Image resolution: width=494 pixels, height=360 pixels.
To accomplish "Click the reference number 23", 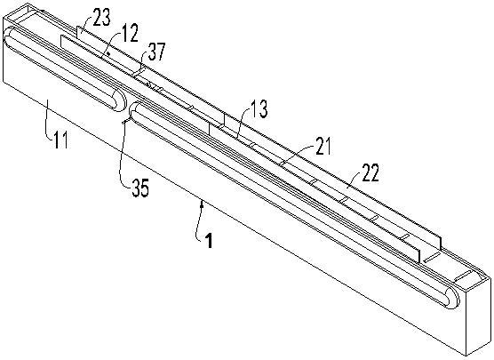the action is (x=102, y=18).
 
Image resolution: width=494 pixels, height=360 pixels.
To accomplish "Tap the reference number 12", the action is (x=130, y=34).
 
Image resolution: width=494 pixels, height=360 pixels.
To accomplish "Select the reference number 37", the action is (x=156, y=52).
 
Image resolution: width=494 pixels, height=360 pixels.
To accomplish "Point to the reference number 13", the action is (x=259, y=109).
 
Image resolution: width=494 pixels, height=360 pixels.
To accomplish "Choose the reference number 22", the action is (x=370, y=172).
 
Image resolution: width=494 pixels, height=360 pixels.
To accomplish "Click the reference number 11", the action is (x=60, y=140).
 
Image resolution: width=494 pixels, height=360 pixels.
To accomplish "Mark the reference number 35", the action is (x=139, y=188).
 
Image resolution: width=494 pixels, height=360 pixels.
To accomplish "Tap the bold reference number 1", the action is (x=209, y=241).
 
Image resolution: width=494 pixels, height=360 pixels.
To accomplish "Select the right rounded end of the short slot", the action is (x=120, y=100).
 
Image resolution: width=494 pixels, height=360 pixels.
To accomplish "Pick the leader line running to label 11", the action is (x=49, y=121).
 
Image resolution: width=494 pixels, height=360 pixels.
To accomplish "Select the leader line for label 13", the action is (x=243, y=122).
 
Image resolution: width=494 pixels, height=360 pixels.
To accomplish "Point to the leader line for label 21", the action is (x=297, y=155).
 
